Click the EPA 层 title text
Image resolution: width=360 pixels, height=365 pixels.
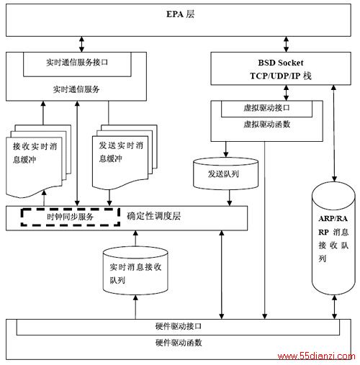[x=180, y=14]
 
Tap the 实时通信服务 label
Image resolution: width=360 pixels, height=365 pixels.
[x=76, y=89]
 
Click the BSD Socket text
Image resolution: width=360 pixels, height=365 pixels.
[x=281, y=63]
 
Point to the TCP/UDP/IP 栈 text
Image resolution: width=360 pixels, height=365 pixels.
[x=281, y=76]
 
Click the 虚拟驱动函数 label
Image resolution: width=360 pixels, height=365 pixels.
[x=267, y=124]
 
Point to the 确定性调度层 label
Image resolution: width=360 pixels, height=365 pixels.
[x=153, y=216]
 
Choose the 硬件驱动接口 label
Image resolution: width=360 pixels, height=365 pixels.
[x=179, y=326]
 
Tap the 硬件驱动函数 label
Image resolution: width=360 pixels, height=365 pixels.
[x=179, y=343]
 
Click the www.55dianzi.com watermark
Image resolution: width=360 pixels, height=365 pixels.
[x=316, y=356]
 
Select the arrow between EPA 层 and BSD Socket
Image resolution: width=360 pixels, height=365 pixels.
[x=286, y=44]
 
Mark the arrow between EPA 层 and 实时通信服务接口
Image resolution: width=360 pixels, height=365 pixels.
[x=81, y=44]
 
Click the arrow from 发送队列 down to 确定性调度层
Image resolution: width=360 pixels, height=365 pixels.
[x=230, y=198]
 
